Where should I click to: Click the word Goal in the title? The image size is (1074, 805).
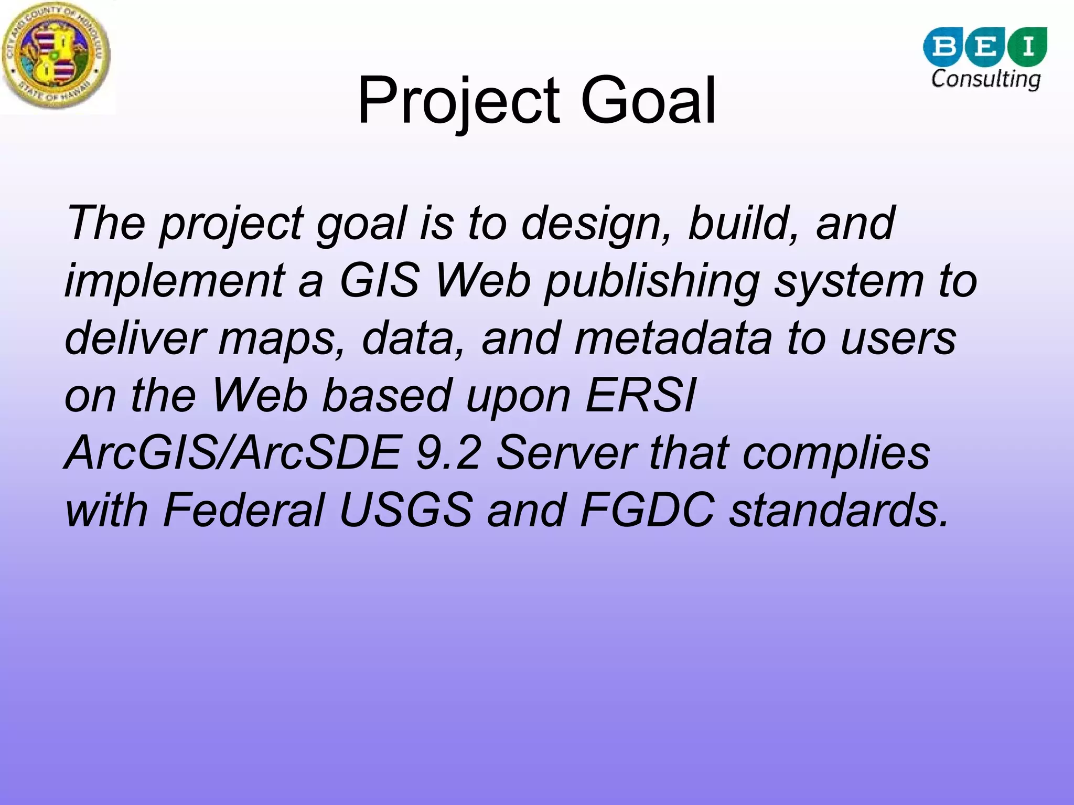coord(648,101)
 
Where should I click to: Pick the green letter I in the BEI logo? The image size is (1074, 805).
coord(1028,47)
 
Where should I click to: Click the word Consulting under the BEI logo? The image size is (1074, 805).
coord(985,79)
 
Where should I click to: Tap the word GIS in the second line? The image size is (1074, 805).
coord(380,280)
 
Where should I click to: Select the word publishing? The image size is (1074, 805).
coord(652,281)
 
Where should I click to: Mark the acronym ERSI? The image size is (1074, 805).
coord(641,396)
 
